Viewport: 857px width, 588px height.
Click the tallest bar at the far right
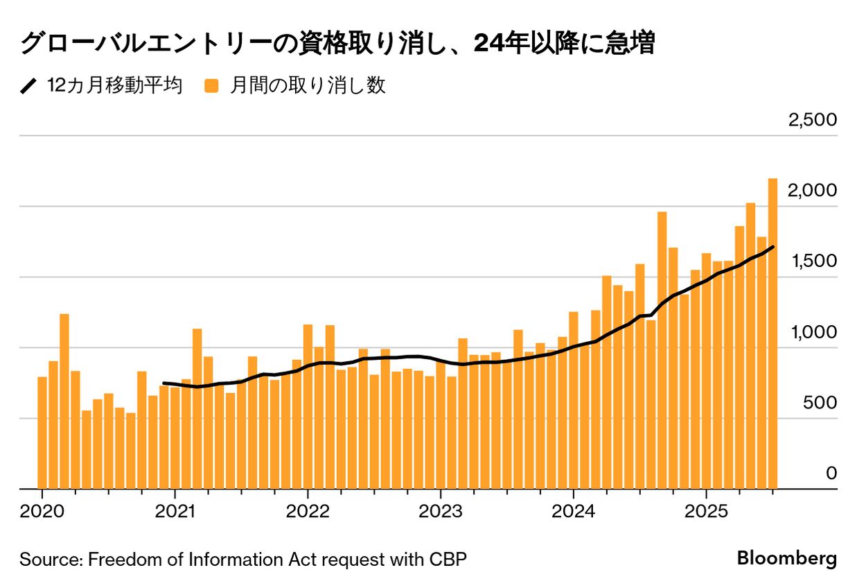tap(772, 333)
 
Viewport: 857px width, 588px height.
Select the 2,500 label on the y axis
tap(812, 120)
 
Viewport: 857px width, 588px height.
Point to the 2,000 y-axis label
tap(812, 191)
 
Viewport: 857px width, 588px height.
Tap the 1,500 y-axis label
tap(812, 261)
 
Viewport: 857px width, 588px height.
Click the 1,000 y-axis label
tap(812, 332)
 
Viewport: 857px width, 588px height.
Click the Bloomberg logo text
tap(786, 558)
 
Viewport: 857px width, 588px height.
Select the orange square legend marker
tap(211, 86)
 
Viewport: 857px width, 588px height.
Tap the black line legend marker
tap(28, 86)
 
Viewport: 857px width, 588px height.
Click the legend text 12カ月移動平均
tap(114, 86)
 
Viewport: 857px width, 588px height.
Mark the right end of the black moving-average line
tap(772, 247)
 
